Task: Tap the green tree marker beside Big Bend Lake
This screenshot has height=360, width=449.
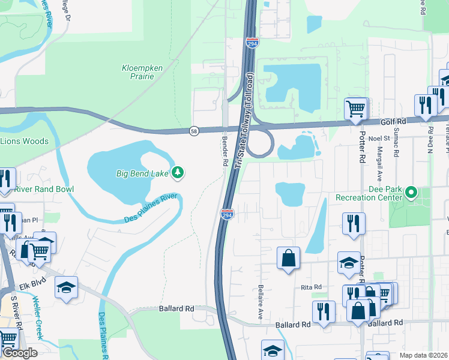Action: pos(178,173)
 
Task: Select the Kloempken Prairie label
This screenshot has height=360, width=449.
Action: pos(142,72)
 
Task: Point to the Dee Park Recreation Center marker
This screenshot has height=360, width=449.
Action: pos(411,193)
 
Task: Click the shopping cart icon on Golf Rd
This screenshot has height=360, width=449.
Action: pos(356,109)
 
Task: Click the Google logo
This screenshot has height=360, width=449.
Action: pos(19,353)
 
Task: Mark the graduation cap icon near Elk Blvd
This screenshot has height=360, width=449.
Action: pos(66,287)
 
